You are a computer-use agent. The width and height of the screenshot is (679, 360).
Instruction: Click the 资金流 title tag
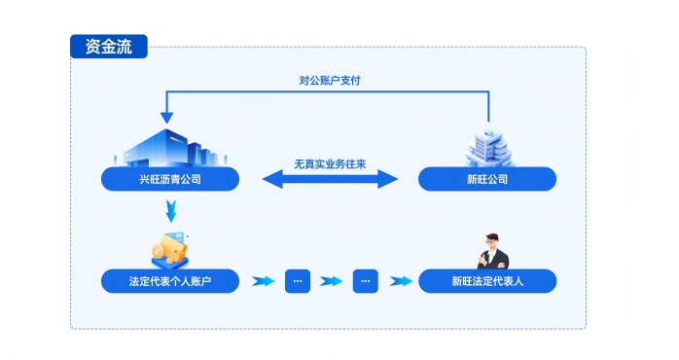point(108,46)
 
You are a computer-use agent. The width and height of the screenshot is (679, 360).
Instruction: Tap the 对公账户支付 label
point(329,81)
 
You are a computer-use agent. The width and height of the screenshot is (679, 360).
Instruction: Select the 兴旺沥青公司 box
point(170,179)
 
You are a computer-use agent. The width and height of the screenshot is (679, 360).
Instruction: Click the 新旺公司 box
point(487,179)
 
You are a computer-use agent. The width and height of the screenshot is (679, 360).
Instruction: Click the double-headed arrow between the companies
point(331,179)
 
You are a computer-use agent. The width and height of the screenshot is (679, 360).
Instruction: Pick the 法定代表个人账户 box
point(170,281)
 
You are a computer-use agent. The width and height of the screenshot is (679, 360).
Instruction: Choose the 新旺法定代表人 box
point(487,281)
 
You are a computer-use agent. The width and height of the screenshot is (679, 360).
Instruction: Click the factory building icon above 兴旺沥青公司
point(169,148)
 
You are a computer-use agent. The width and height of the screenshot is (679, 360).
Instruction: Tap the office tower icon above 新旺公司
point(488,147)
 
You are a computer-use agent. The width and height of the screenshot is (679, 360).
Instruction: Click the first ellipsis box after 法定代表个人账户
point(298,281)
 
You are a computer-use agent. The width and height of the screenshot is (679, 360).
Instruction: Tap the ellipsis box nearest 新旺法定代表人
point(365,281)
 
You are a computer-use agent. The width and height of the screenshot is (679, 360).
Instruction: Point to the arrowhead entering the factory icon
point(166,118)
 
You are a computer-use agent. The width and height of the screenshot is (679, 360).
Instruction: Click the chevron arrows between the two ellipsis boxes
point(332,281)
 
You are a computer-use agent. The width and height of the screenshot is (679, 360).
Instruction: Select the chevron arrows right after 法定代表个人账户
point(262,281)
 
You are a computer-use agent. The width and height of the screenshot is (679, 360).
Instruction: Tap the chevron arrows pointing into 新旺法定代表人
point(400,281)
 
